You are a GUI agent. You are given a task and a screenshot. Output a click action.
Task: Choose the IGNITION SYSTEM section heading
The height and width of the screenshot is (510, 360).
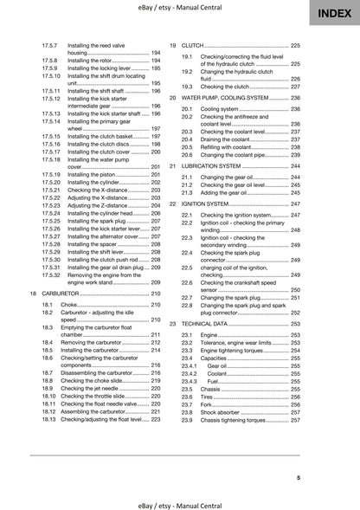tap(211, 203)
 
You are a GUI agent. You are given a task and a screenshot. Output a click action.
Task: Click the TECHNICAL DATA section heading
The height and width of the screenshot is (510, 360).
tap(211, 322)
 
